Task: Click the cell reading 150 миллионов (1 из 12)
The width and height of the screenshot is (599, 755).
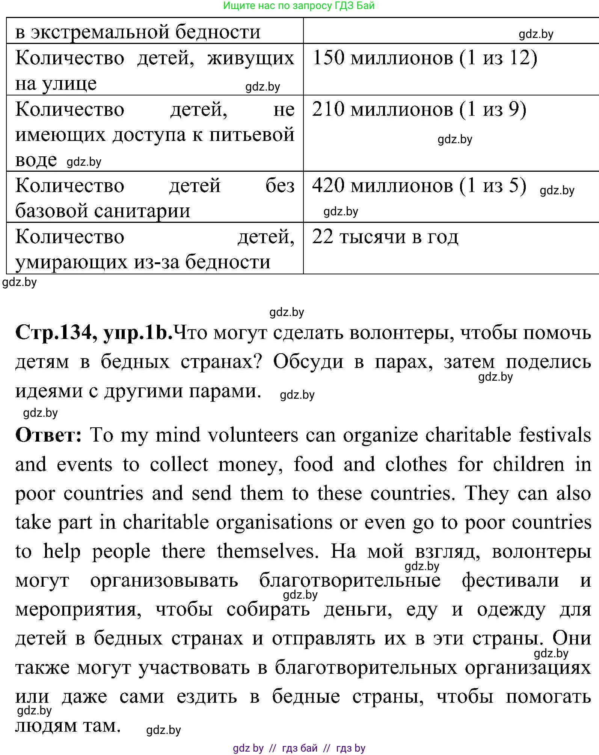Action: coord(424,59)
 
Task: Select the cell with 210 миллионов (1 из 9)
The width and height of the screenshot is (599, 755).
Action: coord(419,110)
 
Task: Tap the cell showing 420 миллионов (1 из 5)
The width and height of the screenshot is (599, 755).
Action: coord(419,186)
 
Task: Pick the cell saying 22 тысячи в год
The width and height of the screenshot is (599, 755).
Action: coord(385,237)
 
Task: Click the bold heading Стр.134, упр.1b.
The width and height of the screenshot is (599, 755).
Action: coord(94,333)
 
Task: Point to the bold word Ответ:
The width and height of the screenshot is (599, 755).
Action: coord(48,435)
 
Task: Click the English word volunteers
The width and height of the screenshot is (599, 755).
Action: coord(253,435)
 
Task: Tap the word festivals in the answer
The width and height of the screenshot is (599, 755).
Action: coord(555,435)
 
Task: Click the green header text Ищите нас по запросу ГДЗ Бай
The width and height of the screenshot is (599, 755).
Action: coord(299,6)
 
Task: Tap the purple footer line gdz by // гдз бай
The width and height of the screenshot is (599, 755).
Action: coord(299,748)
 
